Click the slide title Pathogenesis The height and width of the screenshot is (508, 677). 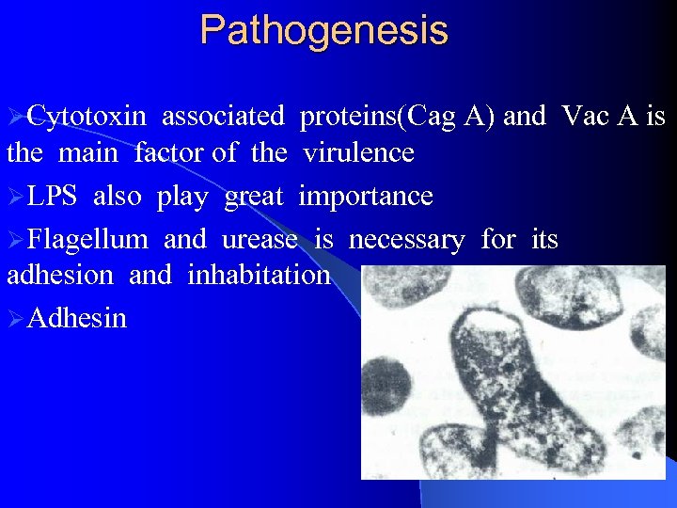[324, 30]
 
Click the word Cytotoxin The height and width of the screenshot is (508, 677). [87, 117]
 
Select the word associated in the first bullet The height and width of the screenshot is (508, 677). [223, 117]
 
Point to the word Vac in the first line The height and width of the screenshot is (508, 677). [583, 117]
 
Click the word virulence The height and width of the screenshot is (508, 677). [358, 151]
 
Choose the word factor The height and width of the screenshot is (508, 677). [170, 151]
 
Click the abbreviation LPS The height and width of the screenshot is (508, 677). [53, 196]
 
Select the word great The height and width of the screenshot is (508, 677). [254, 196]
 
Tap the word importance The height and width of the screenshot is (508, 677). [366, 196]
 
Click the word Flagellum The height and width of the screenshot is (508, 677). [87, 240]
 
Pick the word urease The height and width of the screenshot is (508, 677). [260, 240]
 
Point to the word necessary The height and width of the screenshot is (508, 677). [406, 240]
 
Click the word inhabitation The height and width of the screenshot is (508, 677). [259, 275]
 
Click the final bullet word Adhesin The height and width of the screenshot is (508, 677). [77, 318]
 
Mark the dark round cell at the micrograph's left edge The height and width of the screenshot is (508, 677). [386, 387]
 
